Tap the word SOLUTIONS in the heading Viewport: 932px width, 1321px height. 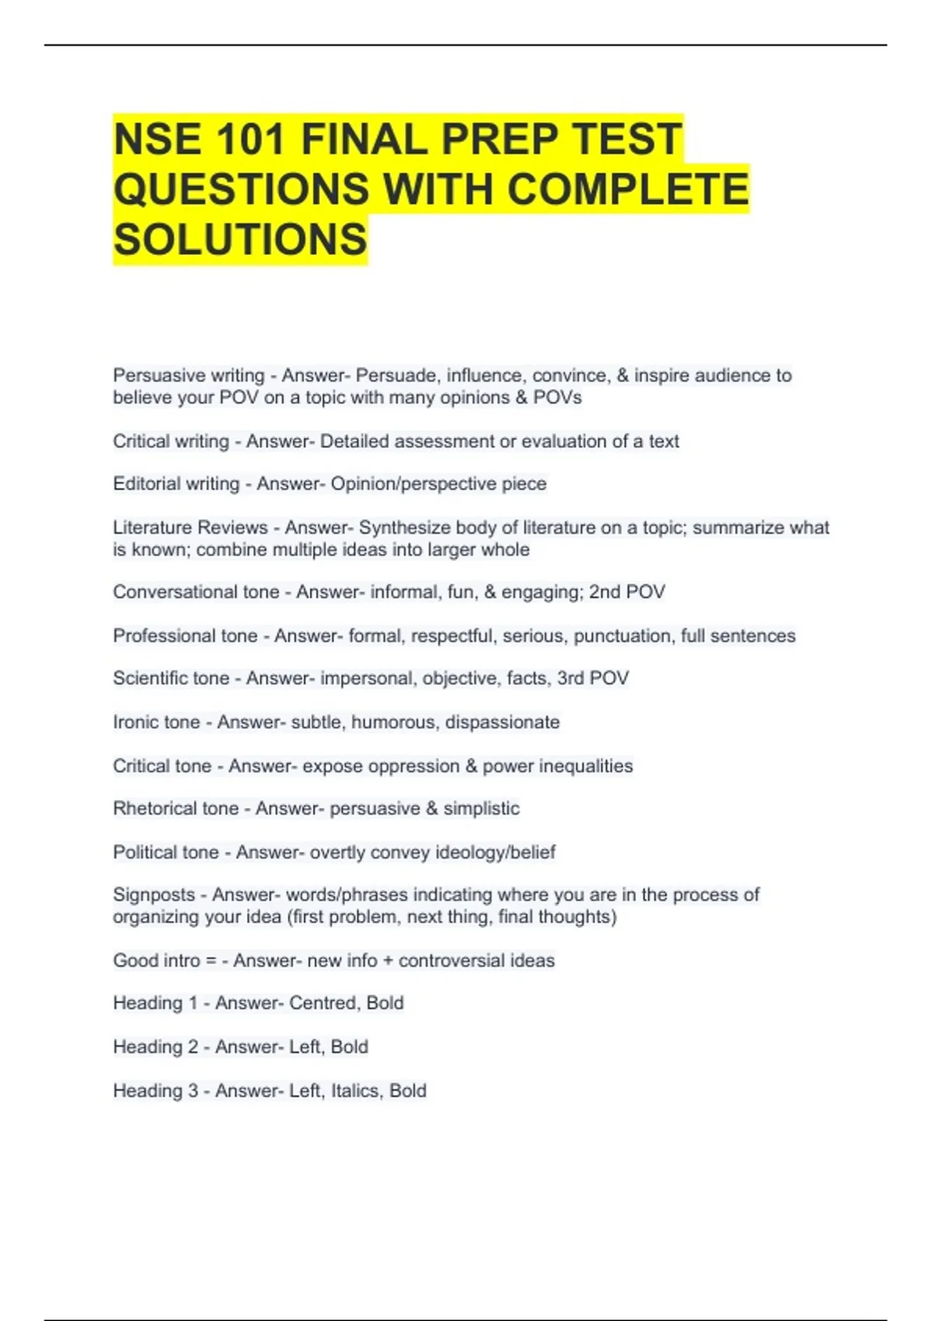click(x=240, y=239)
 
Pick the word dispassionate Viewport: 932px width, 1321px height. click(x=502, y=722)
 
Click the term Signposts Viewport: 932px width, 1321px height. click(x=154, y=895)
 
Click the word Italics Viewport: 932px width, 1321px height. click(x=355, y=1091)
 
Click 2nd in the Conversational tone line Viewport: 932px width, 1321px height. click(x=604, y=592)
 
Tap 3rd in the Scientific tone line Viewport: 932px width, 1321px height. click(x=570, y=678)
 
